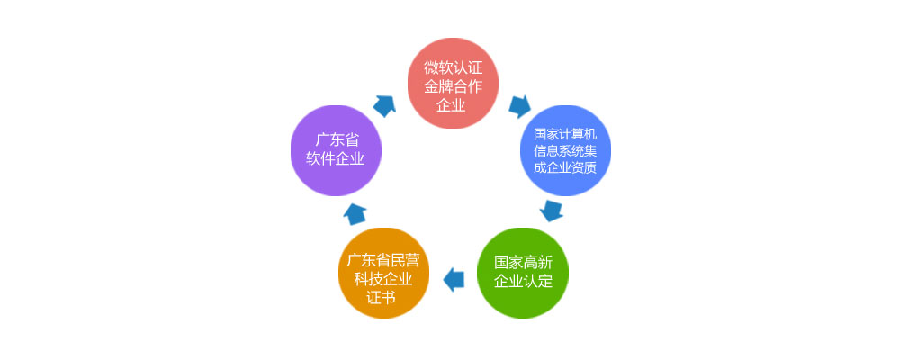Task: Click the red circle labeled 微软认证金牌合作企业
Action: pyautogui.click(x=453, y=84)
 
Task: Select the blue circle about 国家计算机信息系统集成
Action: pyautogui.click(x=565, y=150)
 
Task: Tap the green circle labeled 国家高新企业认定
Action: pyautogui.click(x=523, y=273)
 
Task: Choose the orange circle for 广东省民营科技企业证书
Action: pyautogui.click(x=383, y=273)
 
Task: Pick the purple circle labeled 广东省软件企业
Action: pyautogui.click(x=336, y=150)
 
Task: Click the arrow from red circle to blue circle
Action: pyautogui.click(x=519, y=106)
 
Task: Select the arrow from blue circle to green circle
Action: pyautogui.click(x=552, y=211)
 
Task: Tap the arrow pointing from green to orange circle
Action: pyautogui.click(x=454, y=280)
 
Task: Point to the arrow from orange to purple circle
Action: pyautogui.click(x=355, y=213)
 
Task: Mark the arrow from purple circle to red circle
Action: pyautogui.click(x=384, y=106)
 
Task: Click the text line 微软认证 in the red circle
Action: pyautogui.click(x=453, y=67)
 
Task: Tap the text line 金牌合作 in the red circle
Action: pyautogui.click(x=453, y=86)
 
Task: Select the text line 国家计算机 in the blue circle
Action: pyautogui.click(x=565, y=135)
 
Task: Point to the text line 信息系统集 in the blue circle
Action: pyautogui.click(x=565, y=151)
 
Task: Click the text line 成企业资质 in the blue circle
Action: pyautogui.click(x=565, y=167)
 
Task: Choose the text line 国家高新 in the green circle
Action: pyautogui.click(x=523, y=263)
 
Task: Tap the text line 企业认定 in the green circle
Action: pyautogui.click(x=523, y=282)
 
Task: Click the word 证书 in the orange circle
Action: pyautogui.click(x=382, y=298)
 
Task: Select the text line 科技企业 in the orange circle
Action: pyautogui.click(x=382, y=279)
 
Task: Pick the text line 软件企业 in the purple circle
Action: pyautogui.click(x=336, y=159)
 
